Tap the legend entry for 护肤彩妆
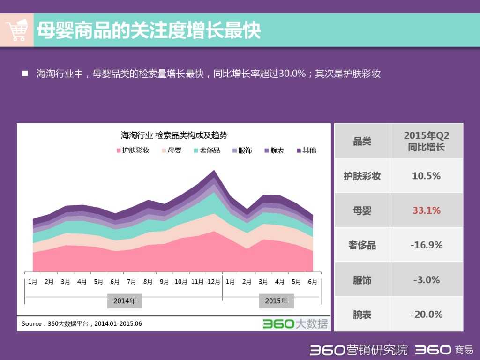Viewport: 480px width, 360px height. point(133,150)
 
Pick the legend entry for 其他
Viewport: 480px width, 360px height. point(306,150)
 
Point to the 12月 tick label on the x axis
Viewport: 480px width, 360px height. point(214,282)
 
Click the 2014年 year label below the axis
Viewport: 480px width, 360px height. point(125,301)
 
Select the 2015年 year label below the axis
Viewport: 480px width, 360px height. point(276,301)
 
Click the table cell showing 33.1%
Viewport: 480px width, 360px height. point(426,210)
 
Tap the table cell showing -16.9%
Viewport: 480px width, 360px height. point(426,245)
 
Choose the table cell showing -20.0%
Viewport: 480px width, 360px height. point(426,315)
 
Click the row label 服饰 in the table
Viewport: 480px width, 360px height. point(362,280)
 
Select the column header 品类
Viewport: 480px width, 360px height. point(362,141)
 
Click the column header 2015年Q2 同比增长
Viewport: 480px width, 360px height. point(426,141)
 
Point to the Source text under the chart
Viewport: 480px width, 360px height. point(82,323)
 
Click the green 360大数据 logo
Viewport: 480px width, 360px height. point(295,323)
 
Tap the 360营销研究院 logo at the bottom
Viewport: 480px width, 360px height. point(359,350)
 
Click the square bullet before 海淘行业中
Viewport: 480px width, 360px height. point(25,74)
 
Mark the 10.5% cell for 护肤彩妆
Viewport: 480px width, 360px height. point(426,176)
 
